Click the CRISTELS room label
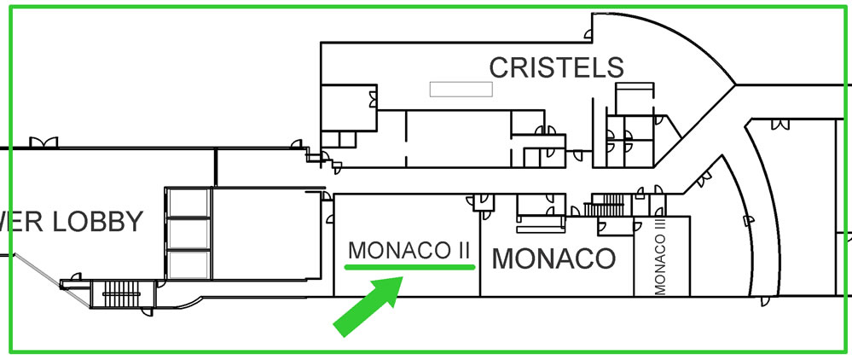[x=556, y=67]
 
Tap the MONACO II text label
[x=410, y=250]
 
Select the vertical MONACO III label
[x=660, y=255]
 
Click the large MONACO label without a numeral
[x=554, y=258]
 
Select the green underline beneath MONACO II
[x=410, y=267]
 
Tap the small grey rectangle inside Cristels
[x=461, y=89]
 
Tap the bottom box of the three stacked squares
[x=188, y=264]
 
